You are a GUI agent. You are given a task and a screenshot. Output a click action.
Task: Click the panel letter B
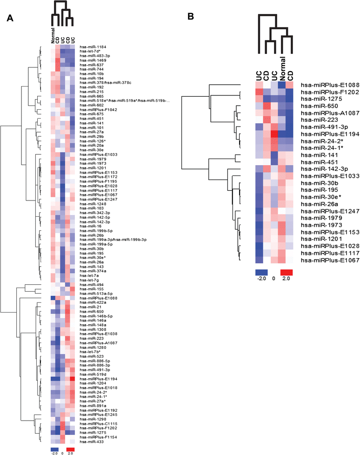tap(190, 17)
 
